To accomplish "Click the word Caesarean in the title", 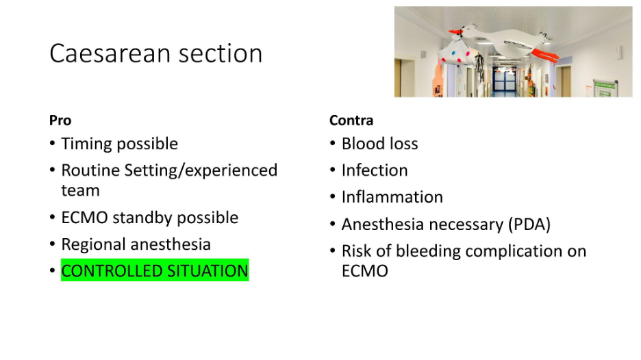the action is [110, 53].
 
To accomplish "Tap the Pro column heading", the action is [60, 120].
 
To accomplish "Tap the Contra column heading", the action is [351, 120].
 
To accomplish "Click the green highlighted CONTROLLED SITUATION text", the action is [155, 270].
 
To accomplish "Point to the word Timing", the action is [86, 144].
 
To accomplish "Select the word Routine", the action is [90, 170].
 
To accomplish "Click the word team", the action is [80, 190].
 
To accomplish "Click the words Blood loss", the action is [380, 144].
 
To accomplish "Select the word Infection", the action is [375, 170].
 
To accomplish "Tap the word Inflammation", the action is [392, 197].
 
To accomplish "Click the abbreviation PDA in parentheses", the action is [529, 224].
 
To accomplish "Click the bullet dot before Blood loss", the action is [333, 144].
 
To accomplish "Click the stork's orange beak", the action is [455, 32].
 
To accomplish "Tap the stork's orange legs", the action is [546, 55].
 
